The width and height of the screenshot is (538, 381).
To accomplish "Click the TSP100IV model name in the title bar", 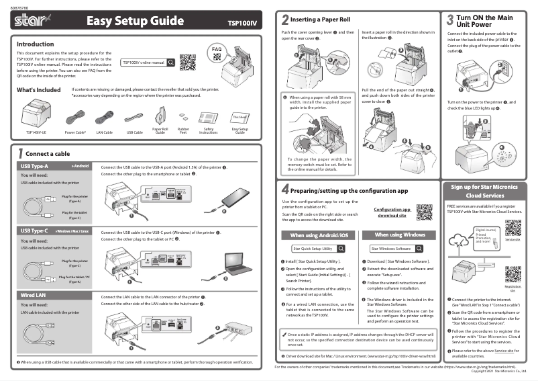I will (x=241, y=23).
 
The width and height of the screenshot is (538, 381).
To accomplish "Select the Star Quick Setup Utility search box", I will (x=313, y=249).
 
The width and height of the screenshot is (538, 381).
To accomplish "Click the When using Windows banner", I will (x=400, y=235).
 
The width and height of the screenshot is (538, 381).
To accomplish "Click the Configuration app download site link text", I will (x=392, y=212).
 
